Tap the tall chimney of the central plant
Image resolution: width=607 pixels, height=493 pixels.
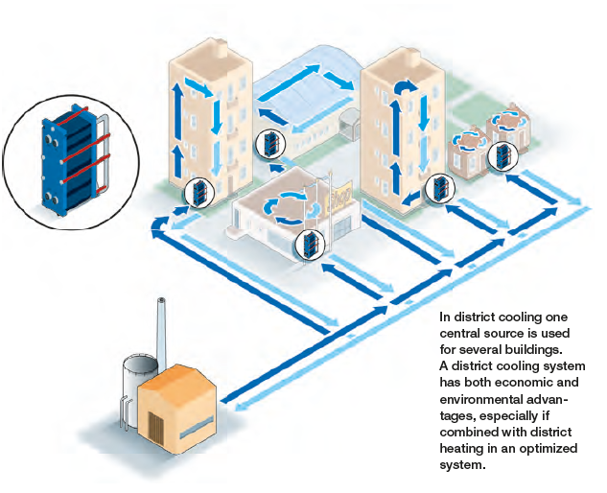point(162,326)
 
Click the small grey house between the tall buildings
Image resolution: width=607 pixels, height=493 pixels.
point(350,122)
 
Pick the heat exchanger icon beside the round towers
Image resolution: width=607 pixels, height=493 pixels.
point(502,155)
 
